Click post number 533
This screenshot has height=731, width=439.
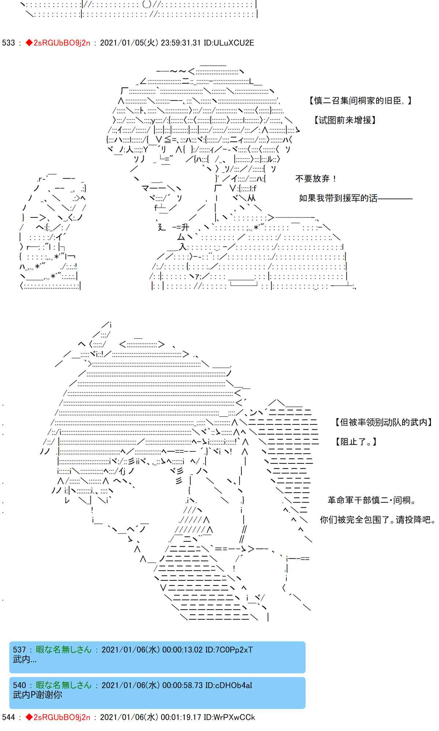[x=8, y=43]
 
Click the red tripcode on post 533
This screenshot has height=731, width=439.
[x=58, y=43]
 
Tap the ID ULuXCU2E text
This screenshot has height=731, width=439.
[x=229, y=43]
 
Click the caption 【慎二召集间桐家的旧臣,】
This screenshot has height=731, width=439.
[x=360, y=101]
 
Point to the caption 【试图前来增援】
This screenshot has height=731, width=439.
[x=344, y=120]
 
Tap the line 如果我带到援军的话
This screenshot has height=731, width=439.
[x=338, y=198]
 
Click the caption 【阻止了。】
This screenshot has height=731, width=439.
[x=356, y=442]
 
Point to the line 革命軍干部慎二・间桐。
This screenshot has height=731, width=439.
[x=372, y=500]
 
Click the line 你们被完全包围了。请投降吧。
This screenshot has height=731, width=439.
[x=378, y=520]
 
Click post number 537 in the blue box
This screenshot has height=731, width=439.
[x=20, y=649]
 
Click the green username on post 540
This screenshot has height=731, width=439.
[x=64, y=685]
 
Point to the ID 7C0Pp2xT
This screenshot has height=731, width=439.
[x=229, y=649]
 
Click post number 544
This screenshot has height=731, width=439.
[x=8, y=717]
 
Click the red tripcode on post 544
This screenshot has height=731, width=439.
[x=58, y=717]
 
